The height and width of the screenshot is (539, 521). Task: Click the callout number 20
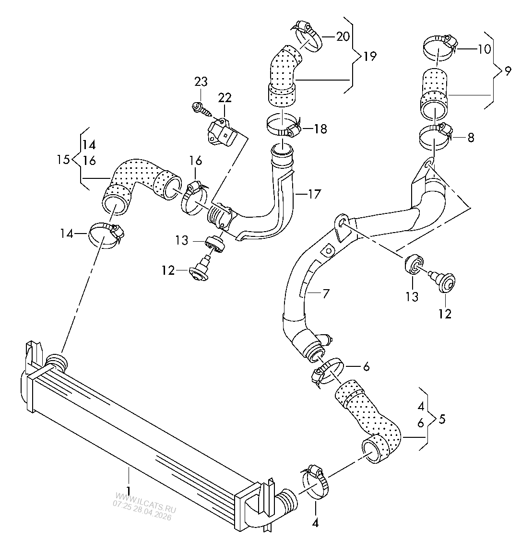pos(343,36)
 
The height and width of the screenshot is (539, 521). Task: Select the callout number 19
pos(370,56)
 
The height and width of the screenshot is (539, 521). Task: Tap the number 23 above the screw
pos(201,82)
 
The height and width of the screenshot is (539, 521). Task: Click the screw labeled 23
pos(201,108)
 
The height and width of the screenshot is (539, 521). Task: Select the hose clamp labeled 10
pos(439,47)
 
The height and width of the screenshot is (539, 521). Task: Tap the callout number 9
pos(508,71)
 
